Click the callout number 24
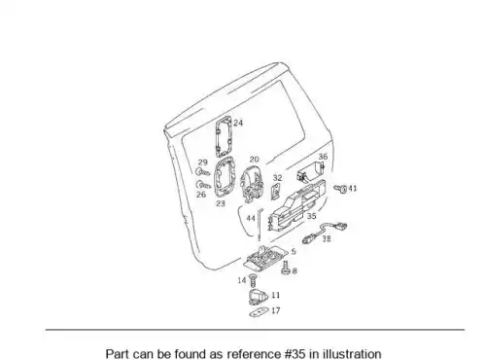(x=238, y=123)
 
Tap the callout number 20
(x=255, y=160)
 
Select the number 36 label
(x=323, y=157)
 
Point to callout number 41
(x=353, y=188)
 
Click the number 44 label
(x=251, y=218)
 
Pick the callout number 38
(x=327, y=238)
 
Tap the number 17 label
(x=276, y=310)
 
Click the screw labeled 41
(x=340, y=189)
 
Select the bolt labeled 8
(x=286, y=268)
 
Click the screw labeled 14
(x=253, y=280)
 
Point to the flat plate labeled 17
(x=260, y=312)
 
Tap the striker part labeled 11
(x=258, y=297)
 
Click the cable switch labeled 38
(x=325, y=232)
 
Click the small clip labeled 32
(x=276, y=192)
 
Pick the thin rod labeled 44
(x=260, y=225)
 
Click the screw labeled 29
(x=203, y=171)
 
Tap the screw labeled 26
(x=203, y=185)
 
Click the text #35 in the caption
(x=295, y=354)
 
